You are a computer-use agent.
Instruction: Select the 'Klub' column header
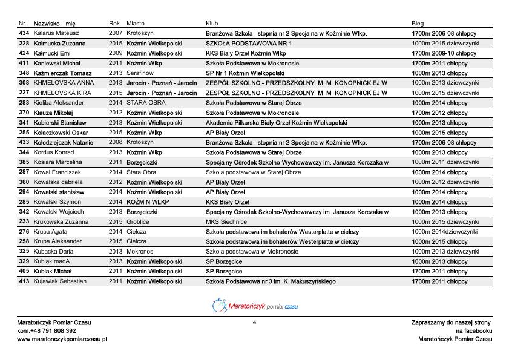coord(212,24)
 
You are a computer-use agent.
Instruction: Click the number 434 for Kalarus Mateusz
coord(24,33)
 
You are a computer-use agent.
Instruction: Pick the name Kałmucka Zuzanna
coord(59,44)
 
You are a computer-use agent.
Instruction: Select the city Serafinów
coord(141,73)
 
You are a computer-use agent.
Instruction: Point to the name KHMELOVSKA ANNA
coord(64,83)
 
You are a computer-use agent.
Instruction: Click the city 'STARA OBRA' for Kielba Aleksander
coord(146,103)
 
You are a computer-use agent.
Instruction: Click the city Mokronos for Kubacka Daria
coord(140,251)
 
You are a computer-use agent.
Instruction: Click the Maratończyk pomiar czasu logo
coord(255,306)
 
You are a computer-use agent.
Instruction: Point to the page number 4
coord(254,322)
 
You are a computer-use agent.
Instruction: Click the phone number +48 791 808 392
coord(54,331)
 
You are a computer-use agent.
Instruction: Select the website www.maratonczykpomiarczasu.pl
coord(62,339)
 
